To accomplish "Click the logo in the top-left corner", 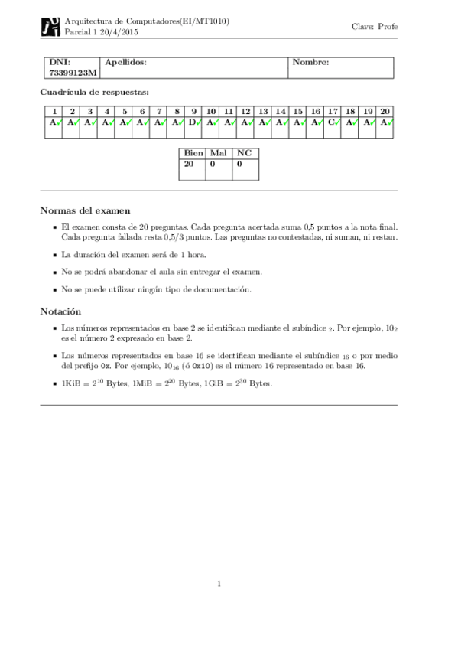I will pos(50,27).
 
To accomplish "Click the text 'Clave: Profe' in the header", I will pos(375,27).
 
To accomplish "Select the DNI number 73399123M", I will pos(71,73).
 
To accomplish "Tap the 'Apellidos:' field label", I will pos(125,62).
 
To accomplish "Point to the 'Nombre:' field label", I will pos(311,62).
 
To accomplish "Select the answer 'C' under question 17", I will pos(331,121).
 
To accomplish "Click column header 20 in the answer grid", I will pos(385,111).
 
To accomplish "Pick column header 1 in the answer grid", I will pos(54,111).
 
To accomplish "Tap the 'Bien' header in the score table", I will pos(194,153).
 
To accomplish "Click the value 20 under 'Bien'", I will pos(190,163).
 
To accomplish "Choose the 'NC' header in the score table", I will pos(245,153).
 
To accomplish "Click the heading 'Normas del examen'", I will pos(85,210).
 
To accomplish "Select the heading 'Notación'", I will pos(63,311).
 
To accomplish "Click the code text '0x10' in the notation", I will pos(202,366).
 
